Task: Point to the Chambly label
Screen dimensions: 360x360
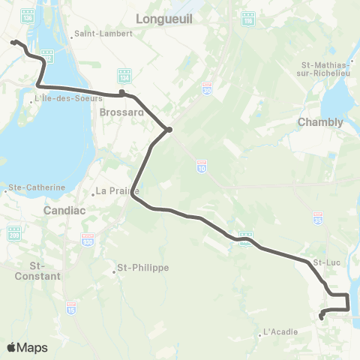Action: (320, 121)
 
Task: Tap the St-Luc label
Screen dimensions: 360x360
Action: (327, 262)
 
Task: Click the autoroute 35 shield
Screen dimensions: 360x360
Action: (318, 217)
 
